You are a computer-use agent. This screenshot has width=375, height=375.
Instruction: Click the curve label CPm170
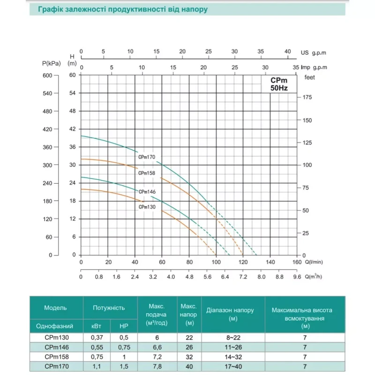pyautogui.click(x=147, y=157)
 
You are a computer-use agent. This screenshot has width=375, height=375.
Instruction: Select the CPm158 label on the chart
pyautogui.click(x=147, y=173)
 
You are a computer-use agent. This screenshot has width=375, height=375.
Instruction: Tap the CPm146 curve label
pyautogui.click(x=147, y=192)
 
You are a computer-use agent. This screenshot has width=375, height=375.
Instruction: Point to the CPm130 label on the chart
pyautogui.click(x=147, y=207)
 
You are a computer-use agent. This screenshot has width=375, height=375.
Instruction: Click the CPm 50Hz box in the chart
pyautogui.click(x=279, y=84)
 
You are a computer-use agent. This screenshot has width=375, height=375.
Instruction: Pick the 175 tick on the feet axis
pyautogui.click(x=306, y=97)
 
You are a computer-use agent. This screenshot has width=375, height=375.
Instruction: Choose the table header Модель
pyautogui.click(x=56, y=308)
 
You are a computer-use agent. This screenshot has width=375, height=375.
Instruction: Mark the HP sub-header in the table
pyautogui.click(x=123, y=326)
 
